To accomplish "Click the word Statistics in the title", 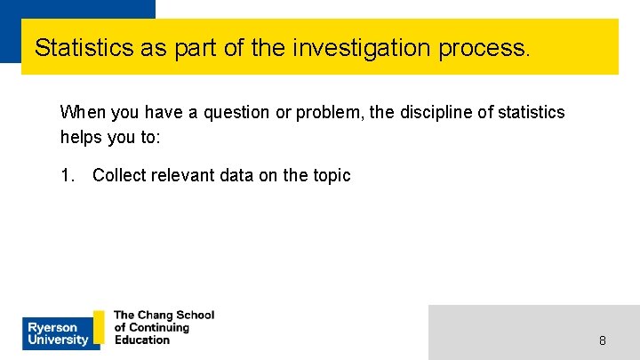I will coord(84,47).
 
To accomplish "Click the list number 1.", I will coord(67,175).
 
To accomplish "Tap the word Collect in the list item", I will coord(119,175).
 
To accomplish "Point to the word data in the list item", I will coord(237,175).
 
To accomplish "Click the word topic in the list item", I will coord(331,175).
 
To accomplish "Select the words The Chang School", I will coord(164,316).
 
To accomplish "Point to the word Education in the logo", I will coord(142,340).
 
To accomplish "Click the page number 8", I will coord(603,340).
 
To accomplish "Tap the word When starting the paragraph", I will coord(81,113).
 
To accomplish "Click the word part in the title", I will coord(199,47).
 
